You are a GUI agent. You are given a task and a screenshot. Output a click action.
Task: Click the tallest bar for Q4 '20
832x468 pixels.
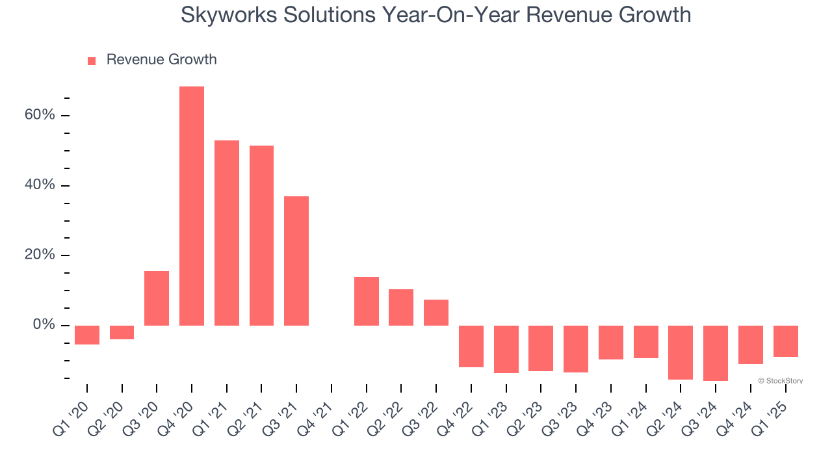click(x=192, y=205)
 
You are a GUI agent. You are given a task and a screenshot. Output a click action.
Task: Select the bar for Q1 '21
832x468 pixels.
click(x=227, y=233)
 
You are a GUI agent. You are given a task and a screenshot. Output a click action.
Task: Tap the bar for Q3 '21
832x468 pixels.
click(x=296, y=261)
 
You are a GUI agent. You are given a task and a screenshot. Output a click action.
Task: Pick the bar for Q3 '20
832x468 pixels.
click(x=157, y=298)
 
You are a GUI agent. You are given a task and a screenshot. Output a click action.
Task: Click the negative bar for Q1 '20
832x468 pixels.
click(x=87, y=335)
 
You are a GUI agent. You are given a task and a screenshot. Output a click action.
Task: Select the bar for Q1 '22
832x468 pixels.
click(x=367, y=301)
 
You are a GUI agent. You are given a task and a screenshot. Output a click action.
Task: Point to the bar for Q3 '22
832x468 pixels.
click(x=436, y=312)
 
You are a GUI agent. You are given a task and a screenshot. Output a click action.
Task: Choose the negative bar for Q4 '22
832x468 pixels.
click(x=471, y=346)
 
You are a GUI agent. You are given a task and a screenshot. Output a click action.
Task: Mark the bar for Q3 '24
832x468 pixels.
click(x=716, y=353)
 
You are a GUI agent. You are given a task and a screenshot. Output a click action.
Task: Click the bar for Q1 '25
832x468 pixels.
click(x=785, y=341)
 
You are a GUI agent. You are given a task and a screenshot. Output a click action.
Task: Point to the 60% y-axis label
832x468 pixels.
click(x=40, y=115)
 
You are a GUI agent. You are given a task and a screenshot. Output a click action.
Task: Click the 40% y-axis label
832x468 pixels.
click(x=40, y=185)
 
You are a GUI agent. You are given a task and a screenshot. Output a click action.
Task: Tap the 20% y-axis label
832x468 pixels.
click(x=40, y=255)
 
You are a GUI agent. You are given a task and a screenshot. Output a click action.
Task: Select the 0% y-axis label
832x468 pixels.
click(x=44, y=325)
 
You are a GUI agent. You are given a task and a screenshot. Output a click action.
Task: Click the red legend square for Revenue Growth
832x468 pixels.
click(x=92, y=60)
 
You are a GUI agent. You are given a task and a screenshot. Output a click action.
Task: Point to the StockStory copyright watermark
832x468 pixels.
click(x=781, y=381)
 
